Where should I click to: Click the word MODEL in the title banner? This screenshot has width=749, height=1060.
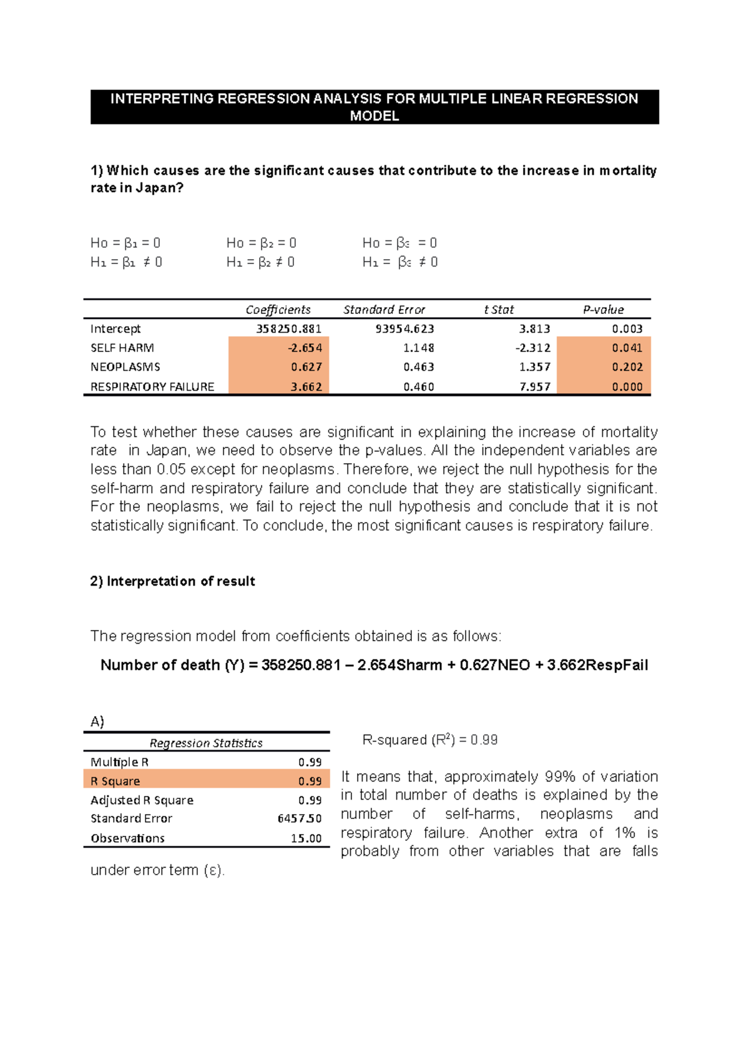click(374, 116)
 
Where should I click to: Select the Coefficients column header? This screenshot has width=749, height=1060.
click(278, 310)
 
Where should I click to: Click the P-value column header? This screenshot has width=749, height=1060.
click(603, 310)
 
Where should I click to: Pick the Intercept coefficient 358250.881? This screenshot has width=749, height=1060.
click(288, 329)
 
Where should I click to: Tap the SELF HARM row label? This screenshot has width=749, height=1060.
click(122, 348)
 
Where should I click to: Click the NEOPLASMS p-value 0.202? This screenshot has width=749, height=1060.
click(627, 367)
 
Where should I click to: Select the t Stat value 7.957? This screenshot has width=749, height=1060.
click(534, 386)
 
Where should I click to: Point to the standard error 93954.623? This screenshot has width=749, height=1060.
click(404, 329)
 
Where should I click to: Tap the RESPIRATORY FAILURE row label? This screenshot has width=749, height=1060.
click(152, 386)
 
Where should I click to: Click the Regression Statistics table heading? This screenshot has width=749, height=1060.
click(206, 743)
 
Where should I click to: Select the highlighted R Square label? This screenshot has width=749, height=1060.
click(115, 781)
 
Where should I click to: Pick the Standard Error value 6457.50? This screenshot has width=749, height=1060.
click(300, 818)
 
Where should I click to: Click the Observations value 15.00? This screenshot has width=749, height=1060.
click(306, 838)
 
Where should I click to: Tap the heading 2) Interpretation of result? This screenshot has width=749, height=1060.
click(172, 581)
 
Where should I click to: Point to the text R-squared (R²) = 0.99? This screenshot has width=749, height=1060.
click(429, 740)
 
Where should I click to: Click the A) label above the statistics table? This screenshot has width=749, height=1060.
click(97, 722)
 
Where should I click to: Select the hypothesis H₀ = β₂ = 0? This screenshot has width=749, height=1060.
click(262, 243)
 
